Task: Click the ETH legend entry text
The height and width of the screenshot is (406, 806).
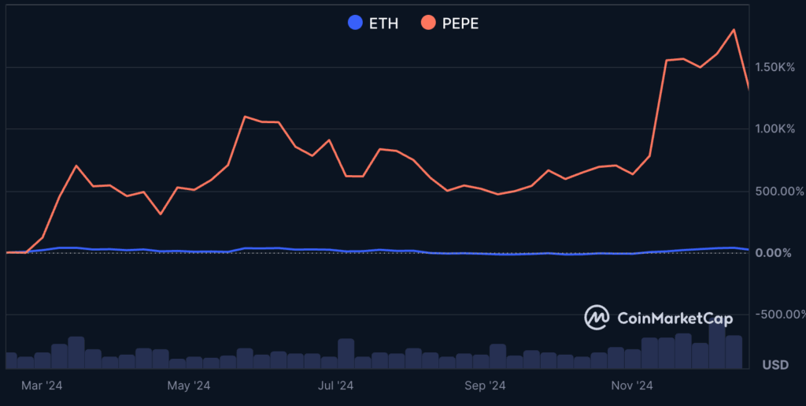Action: pos(383,23)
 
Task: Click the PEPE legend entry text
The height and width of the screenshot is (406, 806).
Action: pos(460,23)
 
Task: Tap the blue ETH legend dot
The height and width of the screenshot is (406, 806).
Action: pos(356,23)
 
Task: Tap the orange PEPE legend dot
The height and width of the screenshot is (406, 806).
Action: pos(429,23)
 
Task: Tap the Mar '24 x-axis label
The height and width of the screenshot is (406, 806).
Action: pos(42,386)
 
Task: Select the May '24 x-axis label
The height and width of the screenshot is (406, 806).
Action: pos(190,386)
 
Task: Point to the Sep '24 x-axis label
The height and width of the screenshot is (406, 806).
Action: pos(485,386)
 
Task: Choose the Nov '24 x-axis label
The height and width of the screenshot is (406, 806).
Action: pos(633,386)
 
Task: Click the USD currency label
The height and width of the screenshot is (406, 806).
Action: pos(776,365)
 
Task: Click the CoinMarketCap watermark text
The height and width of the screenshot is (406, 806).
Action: pos(675,318)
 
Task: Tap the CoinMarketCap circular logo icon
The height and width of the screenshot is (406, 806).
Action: pos(597,318)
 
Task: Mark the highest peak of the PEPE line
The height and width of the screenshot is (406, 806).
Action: pos(734,30)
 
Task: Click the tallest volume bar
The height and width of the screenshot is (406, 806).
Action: pos(717,345)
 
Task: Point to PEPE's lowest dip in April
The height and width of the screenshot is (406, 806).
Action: pos(161,214)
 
